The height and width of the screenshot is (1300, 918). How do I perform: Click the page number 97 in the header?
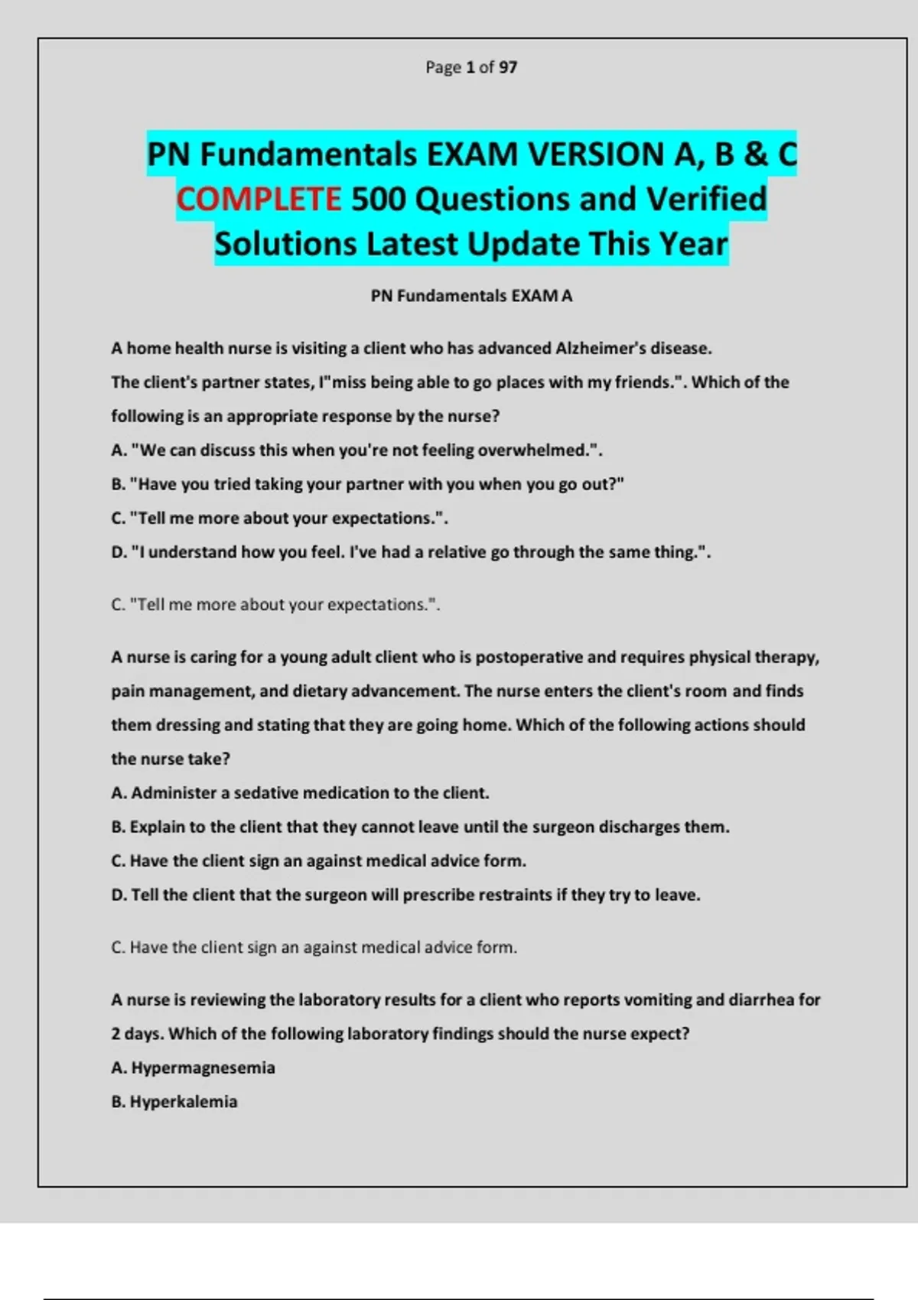point(508,67)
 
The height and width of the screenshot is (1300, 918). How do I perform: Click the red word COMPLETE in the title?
point(259,200)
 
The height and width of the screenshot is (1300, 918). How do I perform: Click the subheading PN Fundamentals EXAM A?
point(471,296)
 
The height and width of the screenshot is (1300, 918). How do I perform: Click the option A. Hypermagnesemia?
point(193,1068)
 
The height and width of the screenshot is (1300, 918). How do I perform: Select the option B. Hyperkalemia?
point(174,1102)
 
